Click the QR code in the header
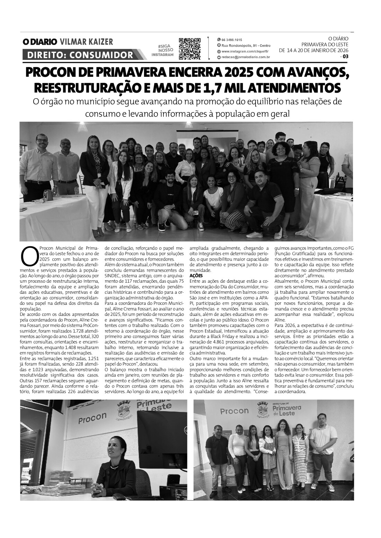click(x=190, y=48)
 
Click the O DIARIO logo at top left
click(x=39, y=42)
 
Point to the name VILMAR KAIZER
click(x=86, y=42)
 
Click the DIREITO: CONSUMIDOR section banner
click(x=80, y=55)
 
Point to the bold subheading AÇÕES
click(x=196, y=276)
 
